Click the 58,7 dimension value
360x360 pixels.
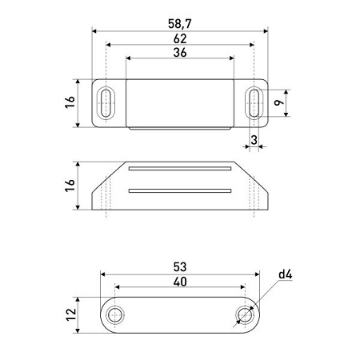(x=180, y=24)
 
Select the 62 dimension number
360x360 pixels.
(x=180, y=38)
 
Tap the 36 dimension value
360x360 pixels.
(x=180, y=53)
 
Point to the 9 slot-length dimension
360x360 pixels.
(x=279, y=102)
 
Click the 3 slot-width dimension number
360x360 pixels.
(x=254, y=140)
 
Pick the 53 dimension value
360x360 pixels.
(x=180, y=267)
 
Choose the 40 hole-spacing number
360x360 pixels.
(x=180, y=282)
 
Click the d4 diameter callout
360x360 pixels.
(x=286, y=274)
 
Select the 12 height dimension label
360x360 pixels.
(x=70, y=315)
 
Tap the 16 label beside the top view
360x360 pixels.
(x=70, y=102)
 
